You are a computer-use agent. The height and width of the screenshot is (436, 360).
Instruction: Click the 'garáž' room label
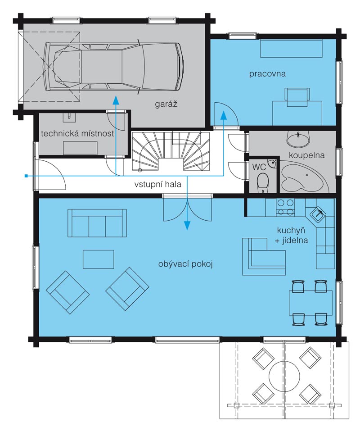[166, 104]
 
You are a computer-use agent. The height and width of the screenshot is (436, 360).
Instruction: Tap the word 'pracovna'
[267, 74]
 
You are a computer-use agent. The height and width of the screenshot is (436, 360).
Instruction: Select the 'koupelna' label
[306, 155]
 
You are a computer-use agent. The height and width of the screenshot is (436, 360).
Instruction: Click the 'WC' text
[259, 167]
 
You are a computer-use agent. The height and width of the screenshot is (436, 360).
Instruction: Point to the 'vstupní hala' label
[158, 184]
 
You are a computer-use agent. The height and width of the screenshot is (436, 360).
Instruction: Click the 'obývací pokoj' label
[185, 264]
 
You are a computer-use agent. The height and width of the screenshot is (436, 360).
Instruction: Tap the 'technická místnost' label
[77, 133]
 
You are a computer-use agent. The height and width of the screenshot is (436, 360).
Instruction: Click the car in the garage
[113, 67]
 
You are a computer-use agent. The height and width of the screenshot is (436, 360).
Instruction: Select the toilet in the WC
[263, 183]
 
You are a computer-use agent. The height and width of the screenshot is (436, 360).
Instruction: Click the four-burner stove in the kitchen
[285, 208]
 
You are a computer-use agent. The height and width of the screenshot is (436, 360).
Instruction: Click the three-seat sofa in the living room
[97, 223]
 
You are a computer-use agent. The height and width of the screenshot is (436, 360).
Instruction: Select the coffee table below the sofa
[99, 259]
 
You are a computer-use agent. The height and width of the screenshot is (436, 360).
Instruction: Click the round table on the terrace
[284, 377]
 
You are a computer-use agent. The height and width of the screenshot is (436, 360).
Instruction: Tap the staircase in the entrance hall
[171, 151]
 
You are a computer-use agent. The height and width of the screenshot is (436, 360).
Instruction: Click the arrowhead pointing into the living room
[188, 226]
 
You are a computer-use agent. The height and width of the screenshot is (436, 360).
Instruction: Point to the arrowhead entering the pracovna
[223, 114]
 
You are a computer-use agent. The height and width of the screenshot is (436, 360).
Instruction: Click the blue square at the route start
[26, 176]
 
